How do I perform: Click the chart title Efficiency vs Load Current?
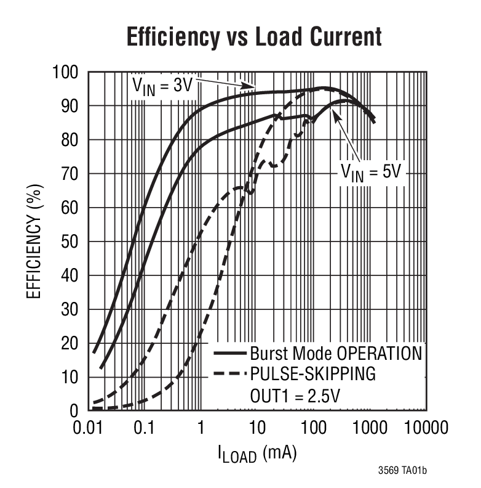[x=253, y=36]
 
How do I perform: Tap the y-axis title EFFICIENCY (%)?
[x=34, y=240]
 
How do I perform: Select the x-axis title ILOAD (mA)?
[x=256, y=454]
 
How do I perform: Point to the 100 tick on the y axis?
[x=66, y=73]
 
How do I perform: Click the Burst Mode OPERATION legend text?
[x=336, y=354]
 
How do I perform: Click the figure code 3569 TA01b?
[x=402, y=471]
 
